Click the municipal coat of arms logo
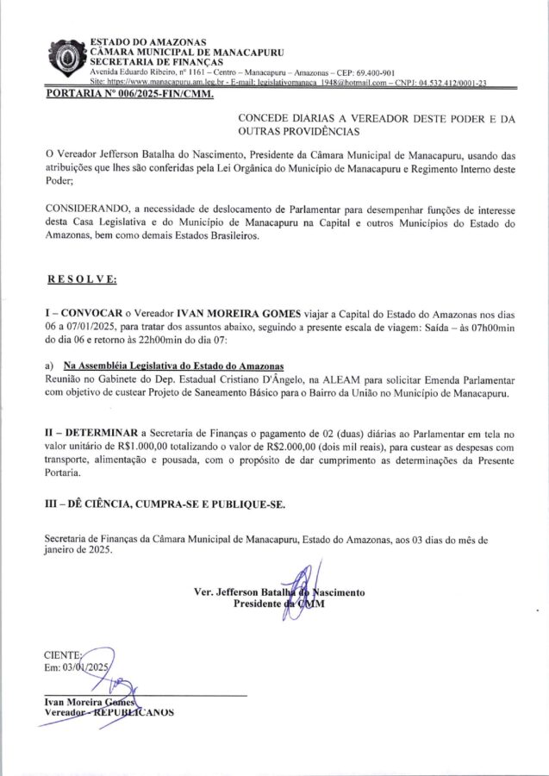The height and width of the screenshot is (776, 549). (x=66, y=59)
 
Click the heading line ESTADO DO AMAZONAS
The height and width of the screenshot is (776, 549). (x=137, y=42)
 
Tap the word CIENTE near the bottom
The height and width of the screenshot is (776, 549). (x=62, y=654)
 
